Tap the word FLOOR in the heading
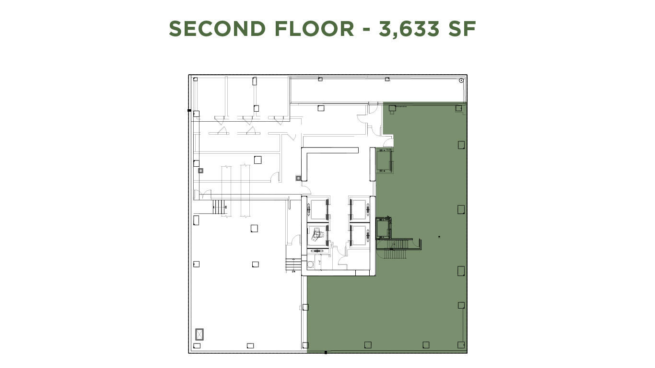tap(314, 29)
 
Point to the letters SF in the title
tap(462, 29)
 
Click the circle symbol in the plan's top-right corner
tap(461, 80)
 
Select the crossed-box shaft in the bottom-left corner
tap(199, 334)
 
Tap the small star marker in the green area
tap(439, 237)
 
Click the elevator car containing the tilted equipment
tap(317, 235)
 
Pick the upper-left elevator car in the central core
tap(317, 208)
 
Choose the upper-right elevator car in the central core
tap(358, 208)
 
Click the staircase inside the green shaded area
tap(395, 249)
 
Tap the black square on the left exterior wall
tap(189, 111)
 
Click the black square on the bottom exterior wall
tap(326, 353)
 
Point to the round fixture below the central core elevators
tap(310, 264)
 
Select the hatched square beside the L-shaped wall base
tap(299, 178)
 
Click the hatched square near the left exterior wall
tap(200, 170)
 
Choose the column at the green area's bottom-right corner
tap(461, 345)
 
